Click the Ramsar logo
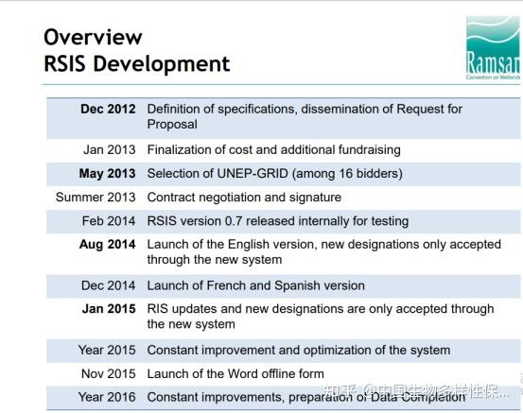[x=494, y=47]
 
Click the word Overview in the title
[x=93, y=37]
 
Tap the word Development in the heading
[x=162, y=63]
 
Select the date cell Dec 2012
[x=108, y=109]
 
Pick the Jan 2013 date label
[x=110, y=149]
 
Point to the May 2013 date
[x=107, y=173]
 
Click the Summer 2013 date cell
[x=96, y=197]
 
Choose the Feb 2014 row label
[x=109, y=220]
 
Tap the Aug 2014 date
[x=108, y=245]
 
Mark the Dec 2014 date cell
[x=109, y=285]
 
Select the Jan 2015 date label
[x=109, y=309]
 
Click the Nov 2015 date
[x=109, y=373]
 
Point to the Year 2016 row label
[x=107, y=397]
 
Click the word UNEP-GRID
[x=253, y=173]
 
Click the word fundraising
[x=369, y=150]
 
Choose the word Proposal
[x=172, y=125]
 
